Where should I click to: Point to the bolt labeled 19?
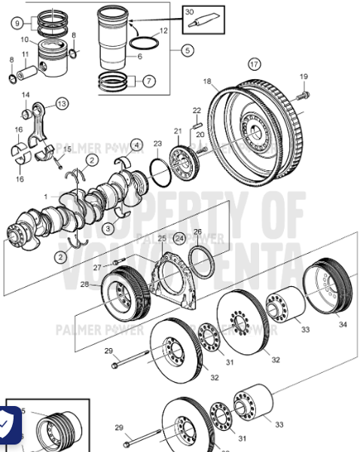[x=304, y=95]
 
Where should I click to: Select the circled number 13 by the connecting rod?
[x=61, y=103]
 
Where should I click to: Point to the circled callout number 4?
[x=136, y=144]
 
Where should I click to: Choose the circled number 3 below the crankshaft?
[x=108, y=227]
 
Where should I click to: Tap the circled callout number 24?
[x=179, y=238]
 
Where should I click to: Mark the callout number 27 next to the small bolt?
[x=97, y=267]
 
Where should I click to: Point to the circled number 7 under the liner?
[x=148, y=80]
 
